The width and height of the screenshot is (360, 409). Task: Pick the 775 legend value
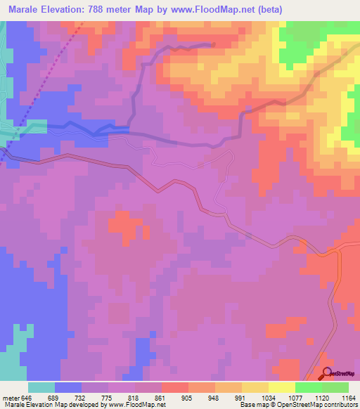pyautogui.click(x=108, y=397)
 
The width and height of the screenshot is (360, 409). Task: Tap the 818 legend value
pyautogui.click(x=134, y=397)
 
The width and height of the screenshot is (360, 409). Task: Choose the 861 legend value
pyautogui.click(x=161, y=397)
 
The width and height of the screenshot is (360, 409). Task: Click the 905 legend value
pyautogui.click(x=188, y=397)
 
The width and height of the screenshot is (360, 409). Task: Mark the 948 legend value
pyautogui.click(x=214, y=397)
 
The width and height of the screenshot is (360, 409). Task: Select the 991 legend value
pyautogui.click(x=241, y=397)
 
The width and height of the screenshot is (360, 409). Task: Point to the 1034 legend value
pyautogui.click(x=268, y=397)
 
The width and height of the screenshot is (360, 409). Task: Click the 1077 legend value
pyautogui.click(x=295, y=397)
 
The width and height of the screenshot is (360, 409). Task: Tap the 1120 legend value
pyautogui.click(x=321, y=397)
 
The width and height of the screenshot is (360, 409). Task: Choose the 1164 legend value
pyautogui.click(x=348, y=397)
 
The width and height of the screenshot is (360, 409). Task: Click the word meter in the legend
pyautogui.click(x=10, y=397)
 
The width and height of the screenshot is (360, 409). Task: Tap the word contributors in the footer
pyautogui.click(x=340, y=405)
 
